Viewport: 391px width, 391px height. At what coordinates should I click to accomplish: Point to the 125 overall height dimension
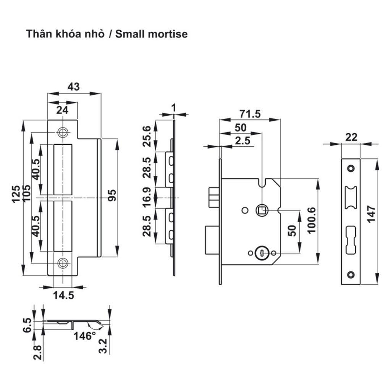16,194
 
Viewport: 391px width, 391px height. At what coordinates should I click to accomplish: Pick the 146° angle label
85,336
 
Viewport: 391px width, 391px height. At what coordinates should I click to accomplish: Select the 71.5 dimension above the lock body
250,114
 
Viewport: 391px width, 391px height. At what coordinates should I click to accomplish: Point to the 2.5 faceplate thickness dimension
242,141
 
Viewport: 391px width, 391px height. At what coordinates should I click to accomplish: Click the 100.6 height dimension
312,221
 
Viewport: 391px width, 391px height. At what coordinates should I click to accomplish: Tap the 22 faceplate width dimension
351,137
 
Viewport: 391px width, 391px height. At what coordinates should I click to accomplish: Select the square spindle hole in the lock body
262,210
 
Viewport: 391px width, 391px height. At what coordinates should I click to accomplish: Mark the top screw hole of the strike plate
62,132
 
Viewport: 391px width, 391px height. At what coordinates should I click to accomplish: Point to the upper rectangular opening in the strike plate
63,169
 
